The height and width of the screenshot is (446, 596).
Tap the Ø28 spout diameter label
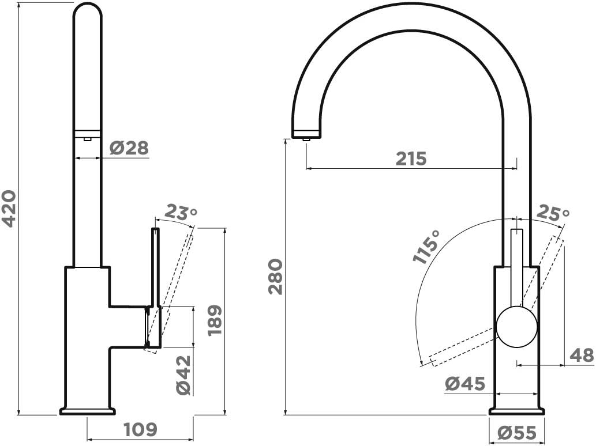pyautogui.click(x=129, y=148)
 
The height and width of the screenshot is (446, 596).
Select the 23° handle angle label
pyautogui.click(x=182, y=213)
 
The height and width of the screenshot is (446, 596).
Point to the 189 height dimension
pyautogui.click(x=215, y=320)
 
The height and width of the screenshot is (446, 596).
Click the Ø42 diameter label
pyautogui.click(x=183, y=375)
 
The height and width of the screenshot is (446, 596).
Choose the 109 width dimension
pyautogui.click(x=141, y=429)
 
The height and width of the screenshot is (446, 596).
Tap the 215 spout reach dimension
pyautogui.click(x=411, y=158)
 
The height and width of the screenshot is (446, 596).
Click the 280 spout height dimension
pyautogui.click(x=276, y=277)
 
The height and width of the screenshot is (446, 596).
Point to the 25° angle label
pyautogui.click(x=553, y=214)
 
